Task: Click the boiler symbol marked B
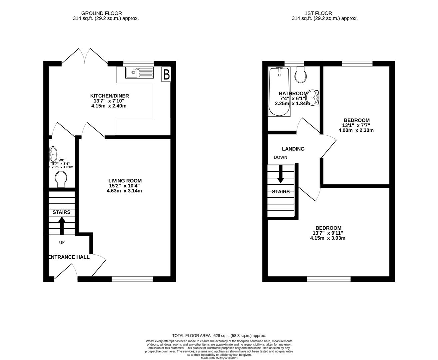pyautogui.click(x=166, y=74)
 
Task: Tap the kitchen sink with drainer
pyautogui.click(x=140, y=72)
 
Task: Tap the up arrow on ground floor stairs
pyautogui.click(x=62, y=226)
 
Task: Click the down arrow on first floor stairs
pyautogui.click(x=280, y=174)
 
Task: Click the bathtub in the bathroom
pyautogui.click(x=279, y=92)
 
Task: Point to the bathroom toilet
pyautogui.click(x=301, y=75)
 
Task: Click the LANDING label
pyautogui.click(x=293, y=149)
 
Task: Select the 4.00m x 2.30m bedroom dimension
pyautogui.click(x=356, y=130)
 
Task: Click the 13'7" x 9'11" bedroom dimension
pyautogui.click(x=328, y=233)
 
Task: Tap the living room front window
pyautogui.click(x=132, y=279)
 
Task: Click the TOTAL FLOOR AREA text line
pyautogui.click(x=219, y=336)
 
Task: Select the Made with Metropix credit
pyautogui.click(x=219, y=358)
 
